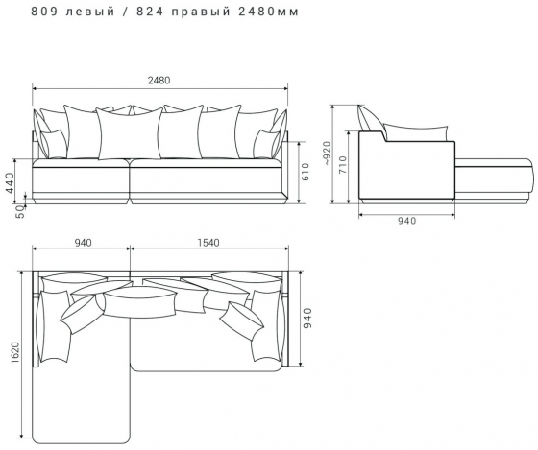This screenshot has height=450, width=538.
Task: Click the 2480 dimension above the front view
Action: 159,81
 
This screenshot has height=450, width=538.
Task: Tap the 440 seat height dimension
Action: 10,183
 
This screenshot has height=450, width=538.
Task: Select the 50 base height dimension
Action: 20,211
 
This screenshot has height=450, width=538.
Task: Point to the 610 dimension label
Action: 306,172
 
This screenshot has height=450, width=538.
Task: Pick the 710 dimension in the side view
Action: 343,165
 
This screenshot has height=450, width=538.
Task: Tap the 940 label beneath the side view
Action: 406,221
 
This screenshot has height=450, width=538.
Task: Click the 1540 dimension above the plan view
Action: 208,243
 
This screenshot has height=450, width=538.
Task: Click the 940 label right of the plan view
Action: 308,318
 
